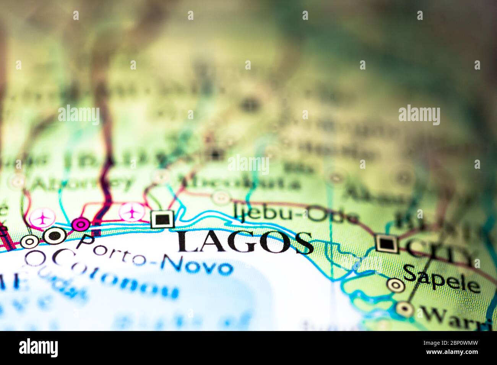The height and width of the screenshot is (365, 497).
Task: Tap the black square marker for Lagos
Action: pos(162,220)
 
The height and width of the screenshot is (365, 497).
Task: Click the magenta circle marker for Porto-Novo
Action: pos(81,224)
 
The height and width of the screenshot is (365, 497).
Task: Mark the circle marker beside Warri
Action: pos(404,308)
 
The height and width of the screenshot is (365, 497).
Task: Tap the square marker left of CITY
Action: pos(387,243)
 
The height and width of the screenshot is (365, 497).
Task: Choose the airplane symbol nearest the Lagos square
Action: pos(132,212)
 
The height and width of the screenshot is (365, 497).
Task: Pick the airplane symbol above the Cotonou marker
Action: pos(42,218)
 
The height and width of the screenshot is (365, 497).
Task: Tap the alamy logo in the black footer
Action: pos(39,348)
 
